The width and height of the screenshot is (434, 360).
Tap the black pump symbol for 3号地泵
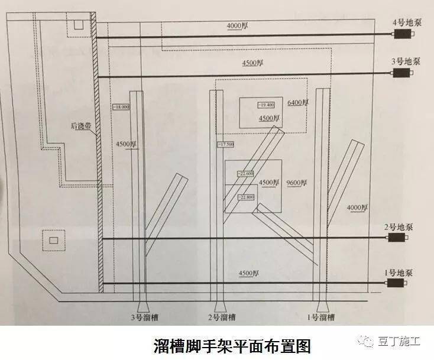[x=403, y=73]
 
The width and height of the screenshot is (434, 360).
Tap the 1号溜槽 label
[x=320, y=317]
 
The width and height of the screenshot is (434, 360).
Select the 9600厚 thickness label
[x=296, y=182]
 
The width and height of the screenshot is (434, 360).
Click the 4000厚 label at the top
[x=238, y=26]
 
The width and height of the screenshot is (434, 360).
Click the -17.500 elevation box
[x=226, y=144]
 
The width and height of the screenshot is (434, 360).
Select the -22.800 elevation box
[x=245, y=197]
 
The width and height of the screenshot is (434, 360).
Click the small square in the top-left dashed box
[x=77, y=25]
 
